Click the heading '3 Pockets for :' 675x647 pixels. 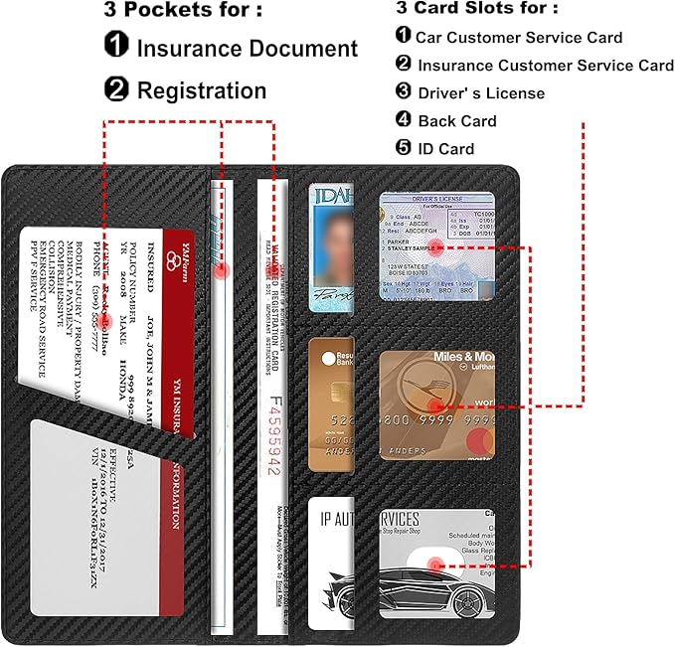[x=183, y=10]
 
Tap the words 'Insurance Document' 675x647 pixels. [x=247, y=48]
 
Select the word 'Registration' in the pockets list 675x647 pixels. [x=202, y=90]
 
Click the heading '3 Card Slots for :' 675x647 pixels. [x=476, y=8]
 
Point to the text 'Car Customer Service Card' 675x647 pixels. [x=519, y=38]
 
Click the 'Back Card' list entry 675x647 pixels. [x=457, y=121]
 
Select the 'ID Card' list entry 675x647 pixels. [x=445, y=149]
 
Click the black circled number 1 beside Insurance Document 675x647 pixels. [x=116, y=48]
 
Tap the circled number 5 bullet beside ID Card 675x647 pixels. [x=404, y=149]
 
